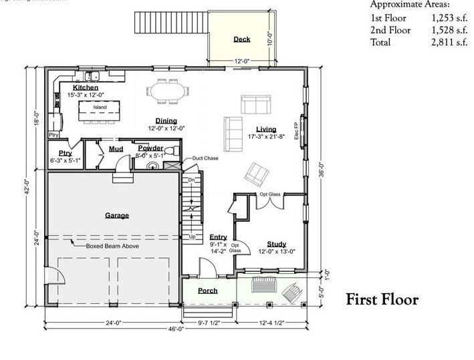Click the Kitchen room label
86,87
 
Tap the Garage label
116,215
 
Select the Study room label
276,244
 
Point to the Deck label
241,39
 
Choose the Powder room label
150,148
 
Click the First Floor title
382,300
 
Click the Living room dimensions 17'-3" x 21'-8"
266,137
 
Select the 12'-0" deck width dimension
241,61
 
